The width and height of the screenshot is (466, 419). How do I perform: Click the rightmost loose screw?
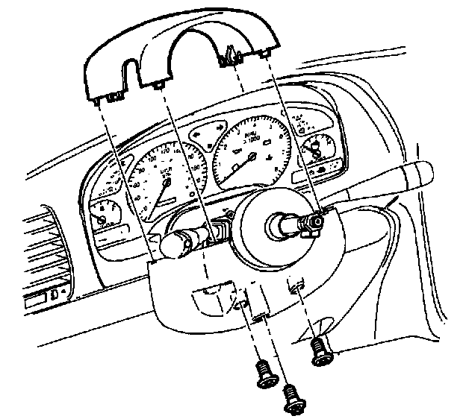pos(321,350)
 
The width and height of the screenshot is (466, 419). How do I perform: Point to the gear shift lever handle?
pos(414,175)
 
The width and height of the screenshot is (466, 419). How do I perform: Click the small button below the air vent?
pos(53,296)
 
